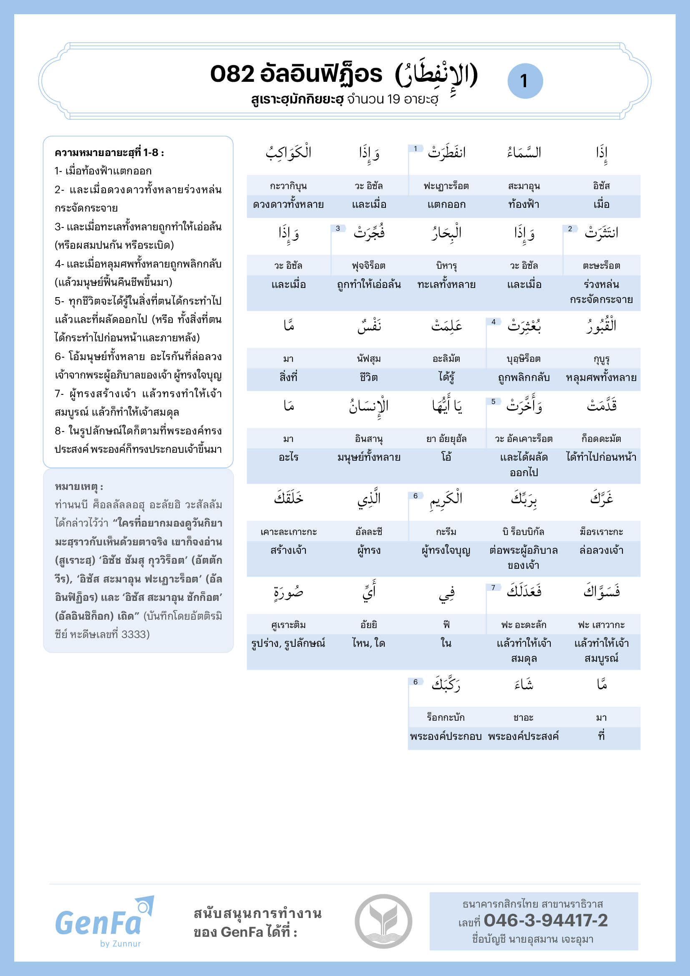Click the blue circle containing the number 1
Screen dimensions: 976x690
(525, 81)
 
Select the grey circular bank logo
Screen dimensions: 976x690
(383, 921)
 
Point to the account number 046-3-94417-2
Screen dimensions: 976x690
(546, 921)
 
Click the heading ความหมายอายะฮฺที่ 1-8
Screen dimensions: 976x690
(109, 153)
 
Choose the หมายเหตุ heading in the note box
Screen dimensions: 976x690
(78, 486)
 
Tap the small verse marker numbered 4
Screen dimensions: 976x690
(493, 322)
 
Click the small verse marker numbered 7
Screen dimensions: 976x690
(493, 588)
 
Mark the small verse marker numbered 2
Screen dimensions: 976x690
(570, 229)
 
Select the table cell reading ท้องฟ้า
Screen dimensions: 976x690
(524, 204)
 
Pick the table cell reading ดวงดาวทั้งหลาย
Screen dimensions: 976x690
(288, 204)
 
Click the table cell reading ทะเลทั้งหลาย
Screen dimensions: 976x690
(446, 285)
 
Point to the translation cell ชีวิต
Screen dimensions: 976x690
(368, 378)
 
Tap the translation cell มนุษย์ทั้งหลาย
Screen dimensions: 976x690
(368, 457)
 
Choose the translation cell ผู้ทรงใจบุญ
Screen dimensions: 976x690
(446, 550)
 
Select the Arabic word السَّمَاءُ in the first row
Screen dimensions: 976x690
(524, 152)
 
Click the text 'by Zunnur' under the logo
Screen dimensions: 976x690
(120, 944)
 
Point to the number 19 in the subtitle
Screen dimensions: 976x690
(393, 99)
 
